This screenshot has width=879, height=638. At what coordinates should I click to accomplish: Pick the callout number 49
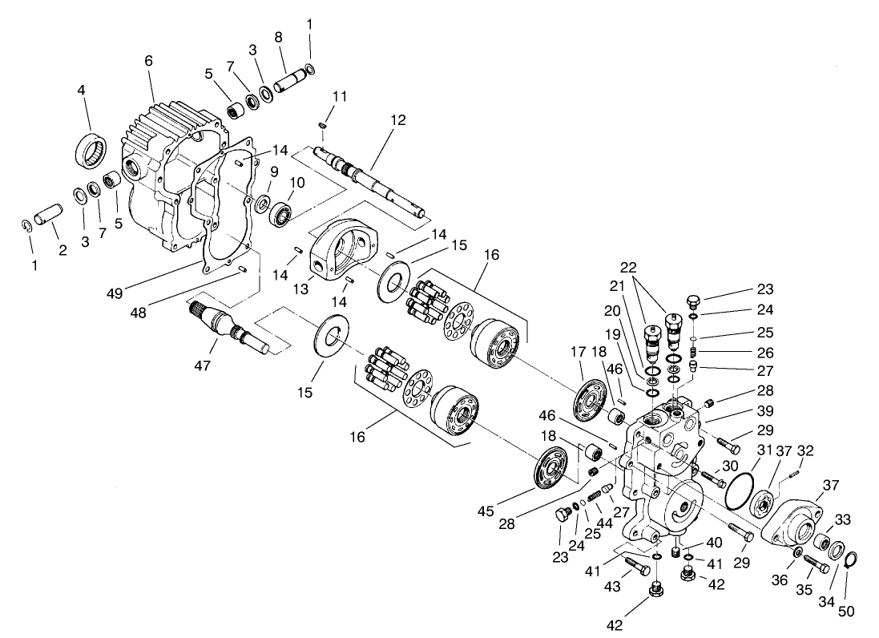coord(115,293)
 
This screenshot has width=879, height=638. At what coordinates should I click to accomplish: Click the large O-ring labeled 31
coord(739,490)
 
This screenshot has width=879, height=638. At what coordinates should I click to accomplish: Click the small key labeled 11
coord(321,125)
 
